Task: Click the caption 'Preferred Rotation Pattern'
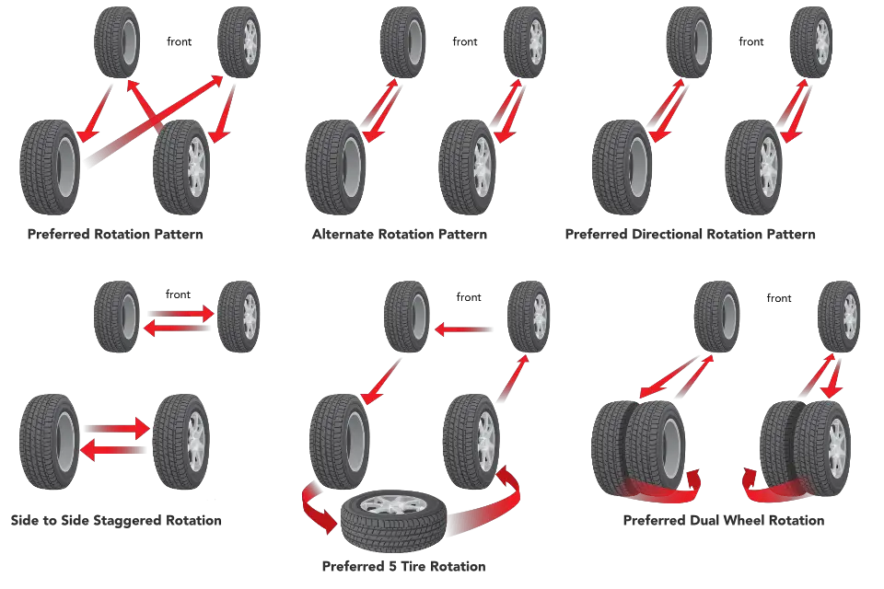(115, 234)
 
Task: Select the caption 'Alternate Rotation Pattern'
(400, 234)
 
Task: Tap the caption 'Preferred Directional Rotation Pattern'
(690, 234)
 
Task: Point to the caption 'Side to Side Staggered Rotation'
(116, 520)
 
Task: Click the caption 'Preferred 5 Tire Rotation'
(403, 566)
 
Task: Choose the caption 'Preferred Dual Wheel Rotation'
(724, 520)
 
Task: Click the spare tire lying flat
(393, 520)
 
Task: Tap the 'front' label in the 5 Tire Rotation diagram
(469, 297)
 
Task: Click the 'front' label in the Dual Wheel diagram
(779, 298)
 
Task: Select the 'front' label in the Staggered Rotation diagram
(178, 294)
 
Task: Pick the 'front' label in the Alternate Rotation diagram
(464, 41)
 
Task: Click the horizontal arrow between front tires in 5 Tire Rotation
(463, 329)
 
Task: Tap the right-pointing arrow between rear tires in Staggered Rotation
(117, 429)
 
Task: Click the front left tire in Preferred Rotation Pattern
(117, 41)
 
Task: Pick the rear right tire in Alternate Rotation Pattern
(468, 167)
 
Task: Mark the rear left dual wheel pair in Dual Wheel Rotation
(638, 448)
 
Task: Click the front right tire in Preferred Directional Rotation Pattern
(811, 41)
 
